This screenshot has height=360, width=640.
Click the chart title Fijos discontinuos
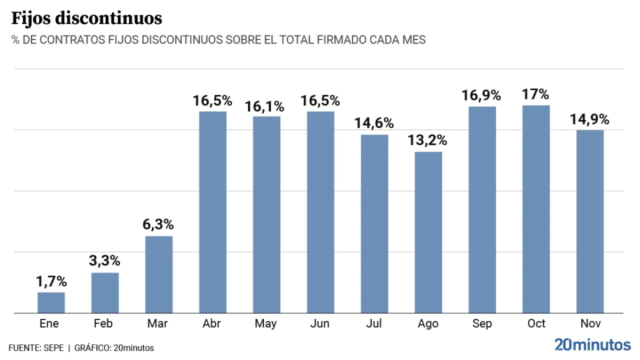pyautogui.click(x=86, y=18)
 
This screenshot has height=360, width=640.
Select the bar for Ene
pyautogui.click(x=51, y=302)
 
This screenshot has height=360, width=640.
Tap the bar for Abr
pyautogui.click(x=213, y=212)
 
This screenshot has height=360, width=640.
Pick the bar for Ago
pyautogui.click(x=428, y=232)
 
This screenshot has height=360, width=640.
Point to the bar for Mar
pyautogui.click(x=159, y=274)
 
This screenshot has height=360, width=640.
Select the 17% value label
pyautogui.click(x=535, y=94)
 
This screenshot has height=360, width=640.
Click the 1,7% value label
pyautogui.click(x=51, y=281)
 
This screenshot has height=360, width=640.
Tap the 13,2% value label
pyautogui.click(x=427, y=140)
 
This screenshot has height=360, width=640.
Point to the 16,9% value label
pyautogui.click(x=481, y=95)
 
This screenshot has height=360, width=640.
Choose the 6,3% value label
pyautogui.click(x=158, y=225)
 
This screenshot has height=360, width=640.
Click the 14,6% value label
pyautogui.click(x=374, y=123)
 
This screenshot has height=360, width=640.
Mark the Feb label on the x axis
pyautogui.click(x=103, y=324)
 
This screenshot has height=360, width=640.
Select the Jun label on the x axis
pyautogui.click(x=320, y=324)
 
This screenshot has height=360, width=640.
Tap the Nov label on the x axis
pyautogui.click(x=590, y=324)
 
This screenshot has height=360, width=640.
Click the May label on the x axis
pyautogui.click(x=265, y=324)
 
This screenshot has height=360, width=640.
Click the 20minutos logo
pyautogui.click(x=592, y=344)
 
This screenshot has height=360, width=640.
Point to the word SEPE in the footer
pyautogui.click(x=53, y=348)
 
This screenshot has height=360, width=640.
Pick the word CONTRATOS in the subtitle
pyautogui.click(x=72, y=40)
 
